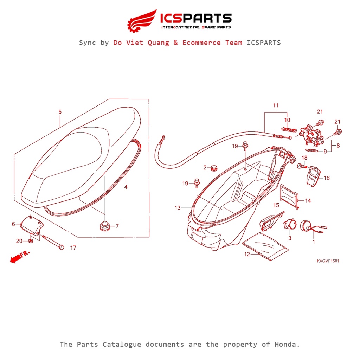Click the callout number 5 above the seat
(60, 112)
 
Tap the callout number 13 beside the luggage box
(177, 208)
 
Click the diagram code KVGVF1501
(328, 261)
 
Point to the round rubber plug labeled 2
(213, 168)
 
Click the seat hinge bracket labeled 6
(31, 225)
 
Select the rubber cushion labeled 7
(104, 226)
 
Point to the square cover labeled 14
(290, 198)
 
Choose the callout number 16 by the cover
(327, 178)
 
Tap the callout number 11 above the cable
(276, 105)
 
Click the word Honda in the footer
(287, 345)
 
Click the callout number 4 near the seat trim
(126, 187)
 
